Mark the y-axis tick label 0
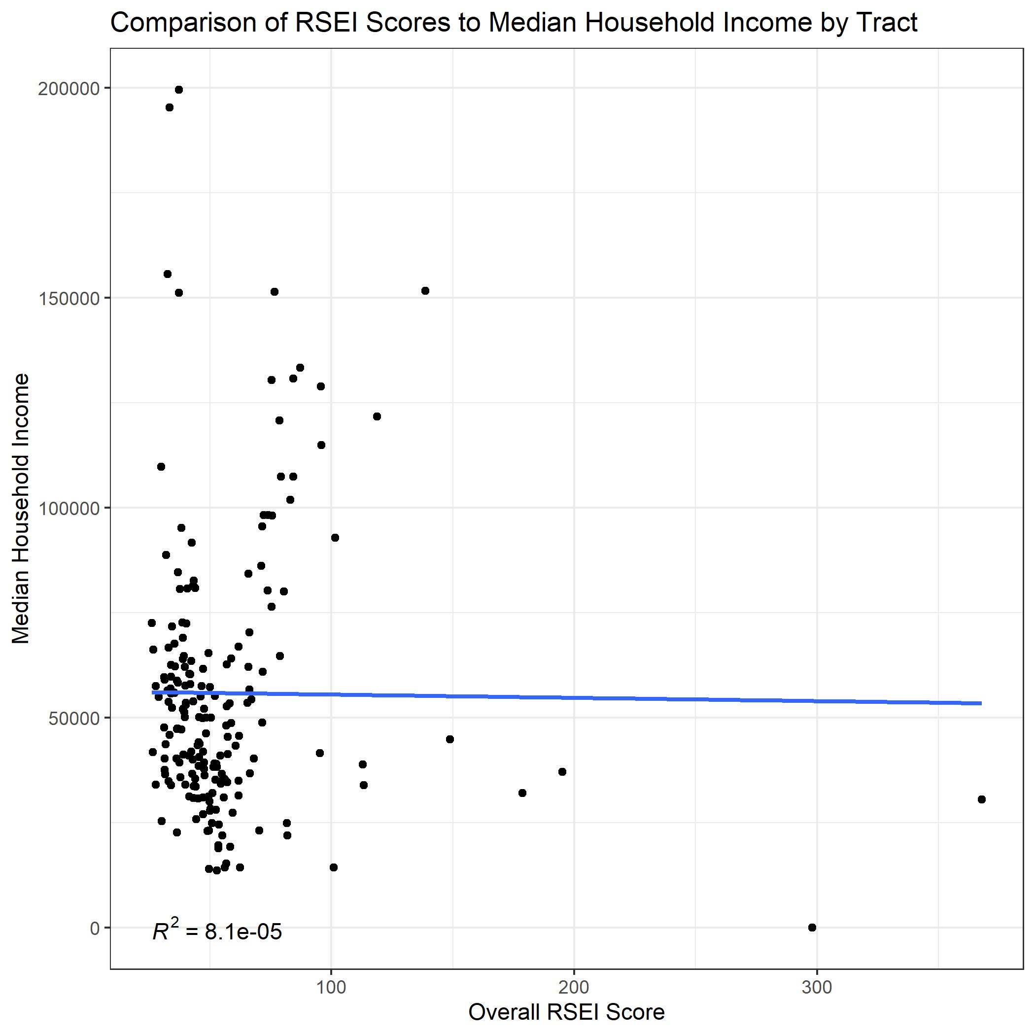(x=95, y=928)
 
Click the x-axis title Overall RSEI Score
(x=566, y=1012)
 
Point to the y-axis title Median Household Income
(x=21, y=509)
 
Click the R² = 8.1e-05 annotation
(x=217, y=931)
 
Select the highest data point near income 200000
(x=179, y=90)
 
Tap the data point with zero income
(x=812, y=928)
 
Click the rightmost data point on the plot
(x=981, y=799)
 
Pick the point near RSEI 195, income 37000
(x=562, y=771)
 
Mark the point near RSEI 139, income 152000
(x=425, y=291)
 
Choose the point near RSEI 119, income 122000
(x=377, y=416)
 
